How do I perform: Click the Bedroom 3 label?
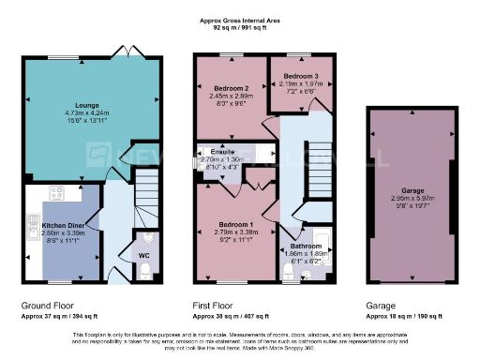tap(300, 74)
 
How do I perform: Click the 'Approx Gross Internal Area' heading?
tap(240, 19)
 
